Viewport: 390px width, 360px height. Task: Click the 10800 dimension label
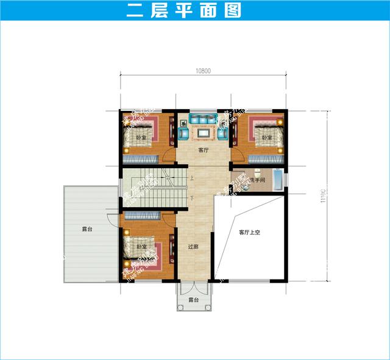click(x=203, y=71)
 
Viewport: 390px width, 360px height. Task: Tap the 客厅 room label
click(x=203, y=150)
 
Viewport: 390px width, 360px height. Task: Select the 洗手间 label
click(x=257, y=181)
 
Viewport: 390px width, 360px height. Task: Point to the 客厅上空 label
click(x=249, y=232)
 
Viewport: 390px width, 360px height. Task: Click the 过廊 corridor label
click(x=193, y=247)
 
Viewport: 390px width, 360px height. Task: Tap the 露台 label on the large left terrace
click(x=88, y=230)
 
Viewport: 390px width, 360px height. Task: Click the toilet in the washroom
click(x=259, y=172)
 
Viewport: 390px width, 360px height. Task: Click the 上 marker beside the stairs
click(x=192, y=178)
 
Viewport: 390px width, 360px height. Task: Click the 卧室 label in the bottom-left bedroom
click(x=141, y=247)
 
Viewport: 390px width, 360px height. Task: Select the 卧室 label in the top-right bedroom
click(x=266, y=138)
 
